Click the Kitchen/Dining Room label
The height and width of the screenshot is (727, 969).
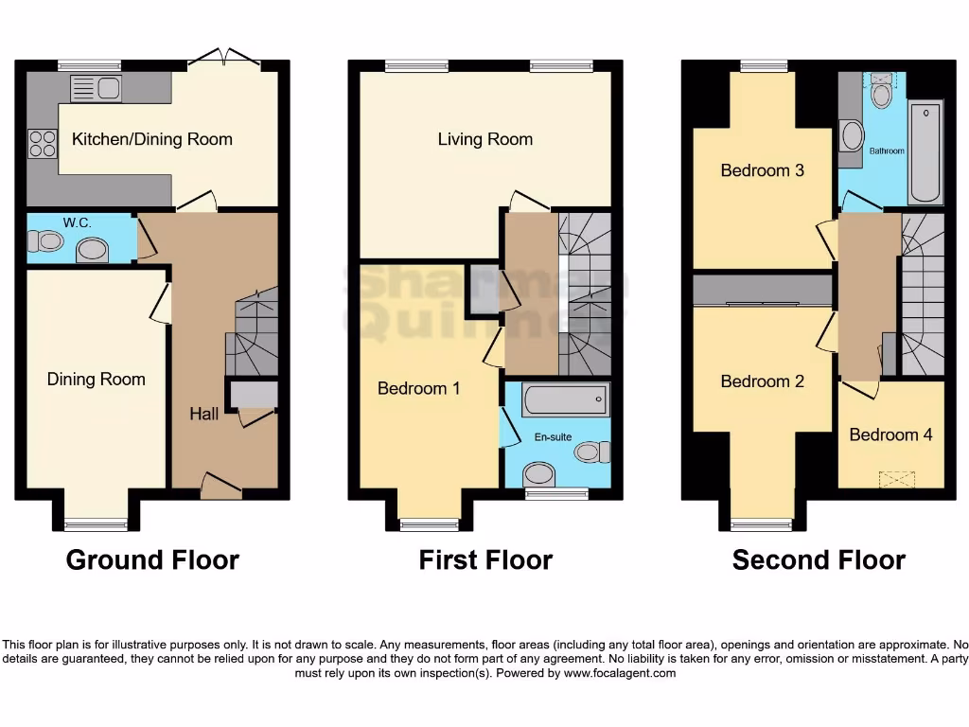[151, 139]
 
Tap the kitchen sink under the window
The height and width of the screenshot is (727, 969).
[96, 89]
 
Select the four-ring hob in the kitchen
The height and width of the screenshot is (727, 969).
[43, 143]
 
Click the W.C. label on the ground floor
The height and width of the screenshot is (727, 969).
[77, 223]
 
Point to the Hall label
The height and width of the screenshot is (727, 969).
[203, 414]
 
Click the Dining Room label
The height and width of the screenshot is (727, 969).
[97, 380]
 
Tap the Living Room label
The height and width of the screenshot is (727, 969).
[484, 139]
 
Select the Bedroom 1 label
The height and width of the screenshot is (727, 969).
[419, 388]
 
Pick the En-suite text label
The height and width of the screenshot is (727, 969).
[554, 437]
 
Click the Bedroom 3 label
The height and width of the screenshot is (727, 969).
[762, 170]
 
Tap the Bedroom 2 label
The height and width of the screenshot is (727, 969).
[762, 381]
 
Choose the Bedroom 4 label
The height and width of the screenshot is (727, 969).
[890, 434]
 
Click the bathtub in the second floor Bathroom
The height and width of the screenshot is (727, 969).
[925, 152]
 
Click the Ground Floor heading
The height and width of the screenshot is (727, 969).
[152, 560]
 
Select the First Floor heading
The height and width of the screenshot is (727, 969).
[485, 560]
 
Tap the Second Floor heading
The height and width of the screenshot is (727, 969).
[819, 560]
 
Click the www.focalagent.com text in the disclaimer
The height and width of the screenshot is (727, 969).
[619, 673]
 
